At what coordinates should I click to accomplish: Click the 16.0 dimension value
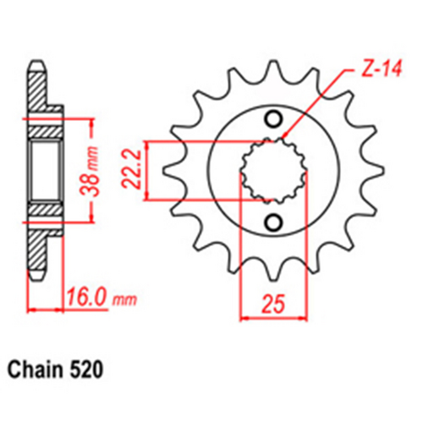tap(87, 299)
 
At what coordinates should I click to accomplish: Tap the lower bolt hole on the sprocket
tap(272, 222)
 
